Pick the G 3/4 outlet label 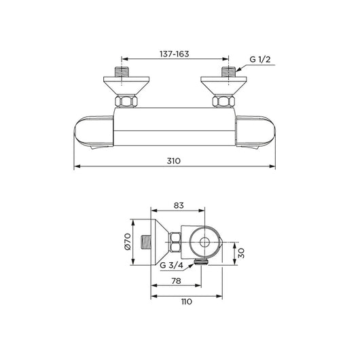pos(173,266)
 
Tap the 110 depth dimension pos(187,302)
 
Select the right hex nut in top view pos(223,102)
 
